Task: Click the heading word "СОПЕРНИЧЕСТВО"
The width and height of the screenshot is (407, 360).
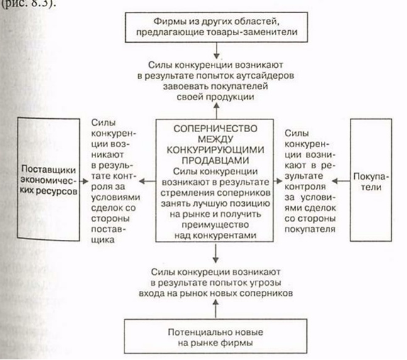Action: (x=215, y=128)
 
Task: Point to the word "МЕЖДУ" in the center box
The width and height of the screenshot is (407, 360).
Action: (x=215, y=139)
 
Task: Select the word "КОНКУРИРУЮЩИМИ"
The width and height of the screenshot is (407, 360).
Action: (x=215, y=150)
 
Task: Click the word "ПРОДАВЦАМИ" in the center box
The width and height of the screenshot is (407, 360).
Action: (x=215, y=160)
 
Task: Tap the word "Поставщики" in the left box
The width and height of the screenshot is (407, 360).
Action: (x=48, y=169)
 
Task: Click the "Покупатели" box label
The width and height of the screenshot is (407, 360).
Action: (x=371, y=182)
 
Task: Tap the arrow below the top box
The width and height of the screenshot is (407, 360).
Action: (x=216, y=50)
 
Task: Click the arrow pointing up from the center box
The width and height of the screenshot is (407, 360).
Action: (x=216, y=111)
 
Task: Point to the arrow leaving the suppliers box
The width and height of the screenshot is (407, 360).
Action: (x=84, y=181)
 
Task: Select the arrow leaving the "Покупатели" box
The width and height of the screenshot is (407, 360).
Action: (x=341, y=181)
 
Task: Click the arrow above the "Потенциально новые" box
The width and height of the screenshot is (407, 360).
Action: (x=216, y=308)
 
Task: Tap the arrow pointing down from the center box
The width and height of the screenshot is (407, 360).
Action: (x=216, y=253)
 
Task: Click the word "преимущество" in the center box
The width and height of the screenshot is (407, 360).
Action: (x=215, y=225)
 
